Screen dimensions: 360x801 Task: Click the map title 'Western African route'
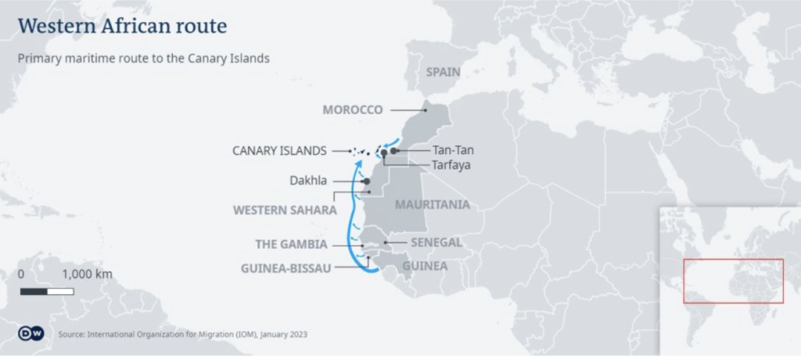122,26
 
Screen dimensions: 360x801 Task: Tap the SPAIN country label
443,72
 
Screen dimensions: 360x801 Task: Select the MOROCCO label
353,110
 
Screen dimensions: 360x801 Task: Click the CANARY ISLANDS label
279,150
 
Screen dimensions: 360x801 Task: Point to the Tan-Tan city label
453,150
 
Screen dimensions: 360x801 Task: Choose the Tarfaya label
451,165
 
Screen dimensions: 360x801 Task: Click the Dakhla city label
308,181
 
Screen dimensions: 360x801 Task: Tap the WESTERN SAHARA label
285,210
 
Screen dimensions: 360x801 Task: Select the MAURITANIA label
433,204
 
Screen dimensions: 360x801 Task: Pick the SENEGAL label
436,242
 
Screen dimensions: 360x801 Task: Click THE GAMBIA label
291,244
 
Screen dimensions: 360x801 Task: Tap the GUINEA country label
425,266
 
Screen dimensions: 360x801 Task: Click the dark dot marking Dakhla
365,181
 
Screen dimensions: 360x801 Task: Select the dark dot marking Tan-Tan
395,150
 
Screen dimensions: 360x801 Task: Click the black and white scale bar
47,291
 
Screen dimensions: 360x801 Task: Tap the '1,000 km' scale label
87,274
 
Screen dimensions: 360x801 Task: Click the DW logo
29,334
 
